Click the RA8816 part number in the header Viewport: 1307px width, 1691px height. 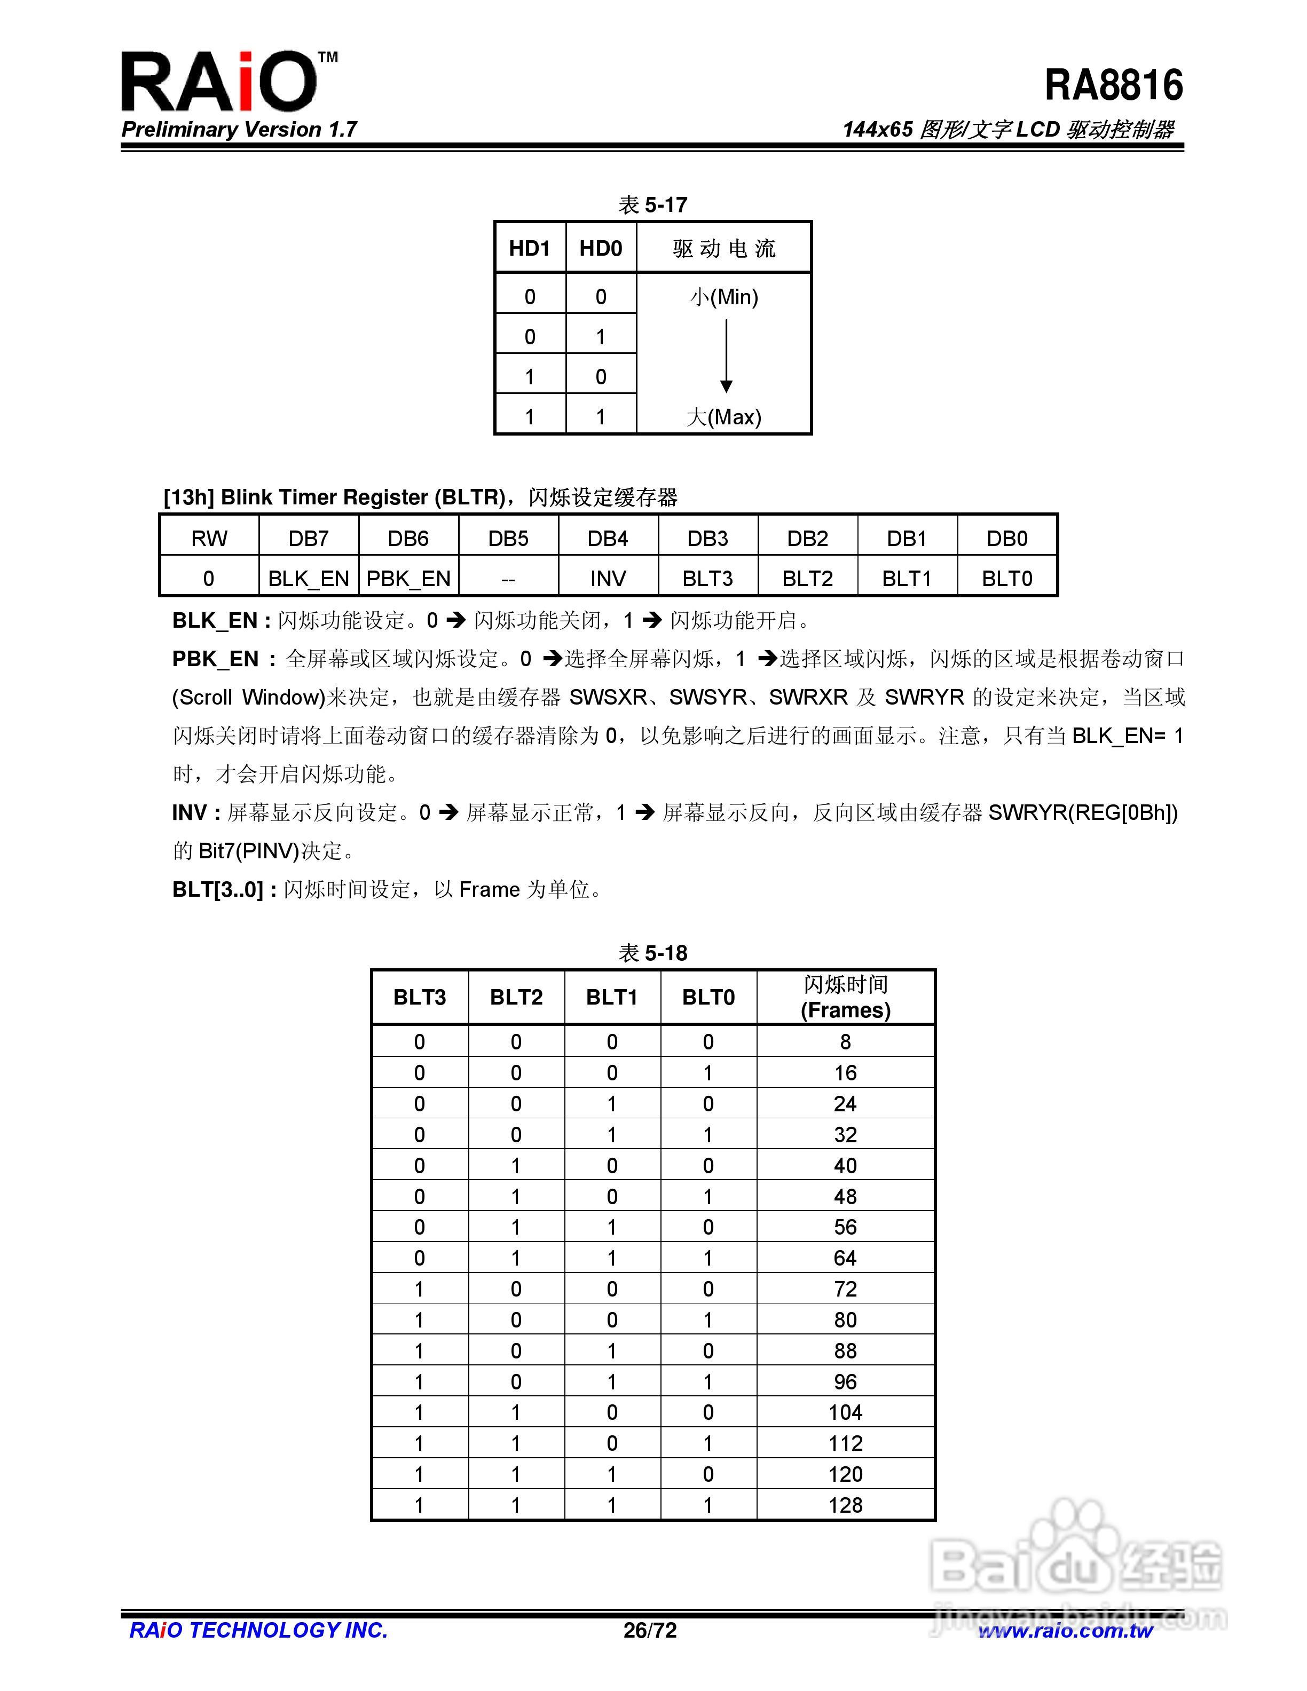(x=1113, y=85)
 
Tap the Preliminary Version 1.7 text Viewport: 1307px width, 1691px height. (x=239, y=129)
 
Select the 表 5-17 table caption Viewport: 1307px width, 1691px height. (x=653, y=204)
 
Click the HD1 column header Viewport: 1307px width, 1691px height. (x=530, y=249)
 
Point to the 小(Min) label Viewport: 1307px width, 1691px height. (x=724, y=297)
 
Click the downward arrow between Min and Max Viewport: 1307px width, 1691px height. (x=726, y=356)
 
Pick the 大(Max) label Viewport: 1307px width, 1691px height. (x=724, y=417)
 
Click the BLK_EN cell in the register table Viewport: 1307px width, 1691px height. (x=308, y=579)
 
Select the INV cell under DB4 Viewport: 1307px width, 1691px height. (x=608, y=579)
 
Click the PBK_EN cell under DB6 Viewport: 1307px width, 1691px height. (x=408, y=579)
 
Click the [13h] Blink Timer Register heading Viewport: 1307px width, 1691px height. (x=420, y=497)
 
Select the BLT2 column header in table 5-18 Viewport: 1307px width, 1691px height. (x=516, y=997)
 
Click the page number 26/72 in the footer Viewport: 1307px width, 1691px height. (x=650, y=1631)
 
